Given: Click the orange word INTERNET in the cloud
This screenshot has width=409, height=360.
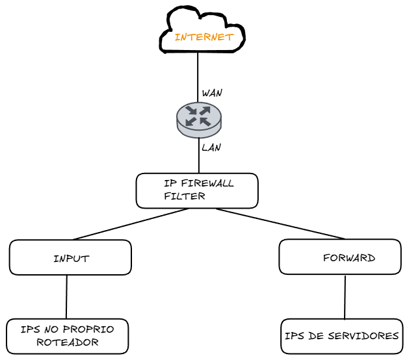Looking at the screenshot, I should (x=204, y=37).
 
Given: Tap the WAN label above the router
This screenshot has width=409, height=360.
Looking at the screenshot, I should (x=212, y=93).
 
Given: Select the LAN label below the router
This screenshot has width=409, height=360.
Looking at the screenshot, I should (x=211, y=148).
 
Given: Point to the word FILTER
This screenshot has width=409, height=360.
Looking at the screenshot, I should (x=185, y=196).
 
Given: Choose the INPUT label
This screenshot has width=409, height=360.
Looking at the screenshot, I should (x=71, y=259).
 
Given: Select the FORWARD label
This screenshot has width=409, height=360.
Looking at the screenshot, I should (x=349, y=258).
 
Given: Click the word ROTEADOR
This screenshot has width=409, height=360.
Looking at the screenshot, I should (x=68, y=342).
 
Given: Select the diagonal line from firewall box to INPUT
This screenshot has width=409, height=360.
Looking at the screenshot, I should (x=130, y=224).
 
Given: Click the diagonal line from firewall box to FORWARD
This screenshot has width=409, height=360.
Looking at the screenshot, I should (x=280, y=224).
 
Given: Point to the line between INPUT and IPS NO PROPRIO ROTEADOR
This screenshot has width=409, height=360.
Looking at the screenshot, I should (x=66, y=297).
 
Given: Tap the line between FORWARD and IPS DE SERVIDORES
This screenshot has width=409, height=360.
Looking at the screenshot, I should (x=345, y=297).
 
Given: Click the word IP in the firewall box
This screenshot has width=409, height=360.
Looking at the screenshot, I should (x=170, y=183).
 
